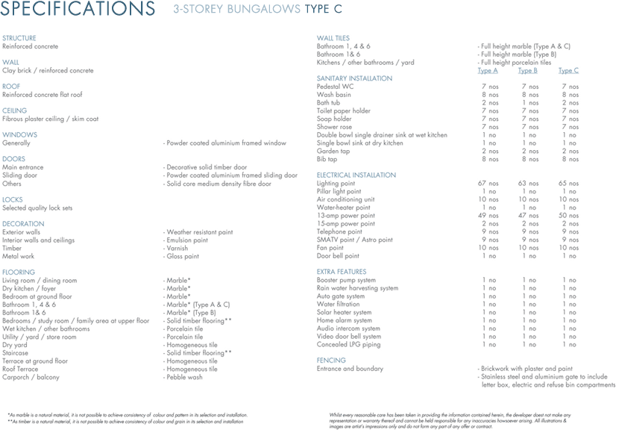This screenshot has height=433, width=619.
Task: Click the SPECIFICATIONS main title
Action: (78, 10)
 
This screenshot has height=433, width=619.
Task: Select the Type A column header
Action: (488, 71)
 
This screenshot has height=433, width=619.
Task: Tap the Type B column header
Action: (528, 71)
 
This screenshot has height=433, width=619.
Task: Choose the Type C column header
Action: (568, 71)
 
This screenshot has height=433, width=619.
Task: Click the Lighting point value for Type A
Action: (488, 184)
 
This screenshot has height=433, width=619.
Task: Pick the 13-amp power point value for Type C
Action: (568, 216)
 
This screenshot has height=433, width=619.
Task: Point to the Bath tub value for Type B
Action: (529, 103)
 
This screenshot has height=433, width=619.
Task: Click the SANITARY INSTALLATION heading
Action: (354, 78)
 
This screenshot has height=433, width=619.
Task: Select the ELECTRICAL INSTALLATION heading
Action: (356, 175)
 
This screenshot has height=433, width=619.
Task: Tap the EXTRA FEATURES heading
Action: (342, 272)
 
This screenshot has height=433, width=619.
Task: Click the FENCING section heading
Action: (331, 361)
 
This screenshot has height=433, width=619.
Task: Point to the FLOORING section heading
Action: (19, 272)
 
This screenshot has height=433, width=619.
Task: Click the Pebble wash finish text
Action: (184, 377)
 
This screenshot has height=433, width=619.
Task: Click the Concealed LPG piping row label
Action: (348, 345)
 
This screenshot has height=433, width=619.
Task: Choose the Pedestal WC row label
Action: (335, 87)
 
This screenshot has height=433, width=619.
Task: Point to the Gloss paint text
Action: (183, 256)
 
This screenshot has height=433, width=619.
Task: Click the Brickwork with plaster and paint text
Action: (527, 369)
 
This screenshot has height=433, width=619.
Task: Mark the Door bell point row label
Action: (338, 256)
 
